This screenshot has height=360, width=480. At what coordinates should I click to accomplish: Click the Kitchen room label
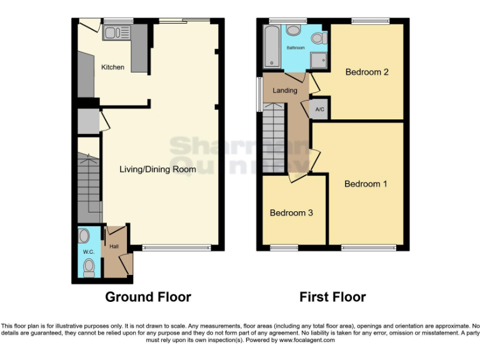[x=113, y=67]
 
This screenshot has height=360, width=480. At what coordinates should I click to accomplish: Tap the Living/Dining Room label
[x=158, y=169]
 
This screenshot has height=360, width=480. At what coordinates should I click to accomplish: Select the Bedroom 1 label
[x=366, y=184]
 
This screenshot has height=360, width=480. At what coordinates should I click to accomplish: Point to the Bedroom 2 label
[x=367, y=72]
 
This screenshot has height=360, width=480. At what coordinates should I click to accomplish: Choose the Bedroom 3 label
[x=291, y=213]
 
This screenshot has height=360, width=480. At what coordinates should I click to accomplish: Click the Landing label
[x=285, y=91]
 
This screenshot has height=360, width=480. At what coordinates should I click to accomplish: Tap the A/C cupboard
[x=320, y=109]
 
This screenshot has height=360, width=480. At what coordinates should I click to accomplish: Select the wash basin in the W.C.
[x=85, y=236]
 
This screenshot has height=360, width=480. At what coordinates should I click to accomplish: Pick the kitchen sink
[x=116, y=33]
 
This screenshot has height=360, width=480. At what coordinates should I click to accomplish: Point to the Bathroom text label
[x=296, y=48]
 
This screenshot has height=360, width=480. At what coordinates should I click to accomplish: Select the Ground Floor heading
[x=148, y=297]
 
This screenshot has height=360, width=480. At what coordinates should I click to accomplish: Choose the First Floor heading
[x=332, y=297]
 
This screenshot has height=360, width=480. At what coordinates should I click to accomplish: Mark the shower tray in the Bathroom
[x=319, y=59]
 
